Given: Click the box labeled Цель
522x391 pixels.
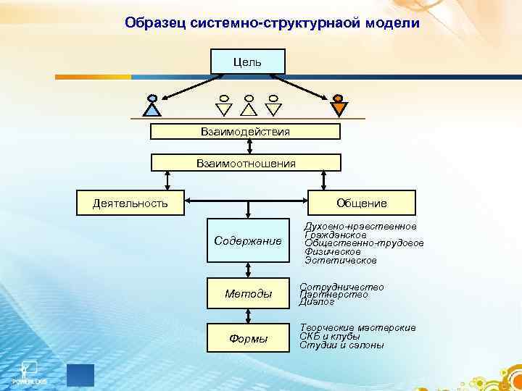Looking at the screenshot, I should [x=248, y=62].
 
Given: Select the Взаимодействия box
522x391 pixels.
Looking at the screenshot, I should [x=245, y=131].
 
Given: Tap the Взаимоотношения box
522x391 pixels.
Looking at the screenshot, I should [x=245, y=163].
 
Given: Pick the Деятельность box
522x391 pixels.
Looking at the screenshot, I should [x=130, y=202].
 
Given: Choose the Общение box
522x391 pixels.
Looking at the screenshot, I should [x=362, y=202].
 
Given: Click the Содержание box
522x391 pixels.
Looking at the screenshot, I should [x=248, y=240].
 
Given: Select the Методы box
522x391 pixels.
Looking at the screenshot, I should [x=248, y=293].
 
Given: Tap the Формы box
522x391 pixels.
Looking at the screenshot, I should [x=248, y=338].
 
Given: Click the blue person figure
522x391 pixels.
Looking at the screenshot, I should [x=152, y=106].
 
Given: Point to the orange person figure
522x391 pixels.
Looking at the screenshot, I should [x=338, y=106].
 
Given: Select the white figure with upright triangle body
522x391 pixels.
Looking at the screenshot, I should [x=249, y=106].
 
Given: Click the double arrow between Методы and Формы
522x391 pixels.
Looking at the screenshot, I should [x=249, y=316].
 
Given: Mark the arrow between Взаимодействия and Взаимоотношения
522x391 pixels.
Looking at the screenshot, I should [x=249, y=147].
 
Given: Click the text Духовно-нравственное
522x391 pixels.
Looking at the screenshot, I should [x=360, y=227].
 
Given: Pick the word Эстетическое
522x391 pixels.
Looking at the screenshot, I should [x=341, y=260].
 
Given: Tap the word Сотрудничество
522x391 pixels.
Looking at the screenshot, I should [x=341, y=287].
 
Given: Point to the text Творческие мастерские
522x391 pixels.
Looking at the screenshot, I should [x=357, y=328].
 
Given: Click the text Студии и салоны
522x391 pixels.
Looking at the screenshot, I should [x=341, y=345].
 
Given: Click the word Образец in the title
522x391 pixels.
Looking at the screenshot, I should [x=155, y=23].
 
